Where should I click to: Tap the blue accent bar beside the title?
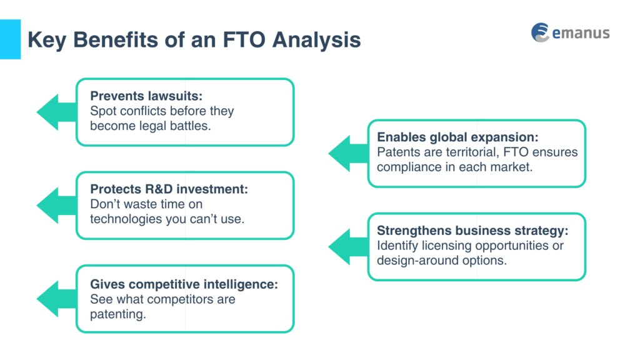pyautogui.click(x=10, y=39)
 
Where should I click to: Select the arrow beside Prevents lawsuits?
pyautogui.click(x=55, y=112)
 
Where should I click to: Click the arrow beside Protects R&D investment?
pyautogui.click(x=55, y=205)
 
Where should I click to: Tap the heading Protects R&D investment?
pyautogui.click(x=169, y=189)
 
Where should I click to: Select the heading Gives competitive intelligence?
pyautogui.click(x=184, y=283)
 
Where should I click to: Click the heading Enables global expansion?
pyautogui.click(x=457, y=137)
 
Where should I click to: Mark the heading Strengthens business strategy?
pyautogui.click(x=472, y=231)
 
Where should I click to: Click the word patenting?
pyautogui.click(x=117, y=314)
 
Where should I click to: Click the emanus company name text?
pyautogui.click(x=581, y=32)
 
